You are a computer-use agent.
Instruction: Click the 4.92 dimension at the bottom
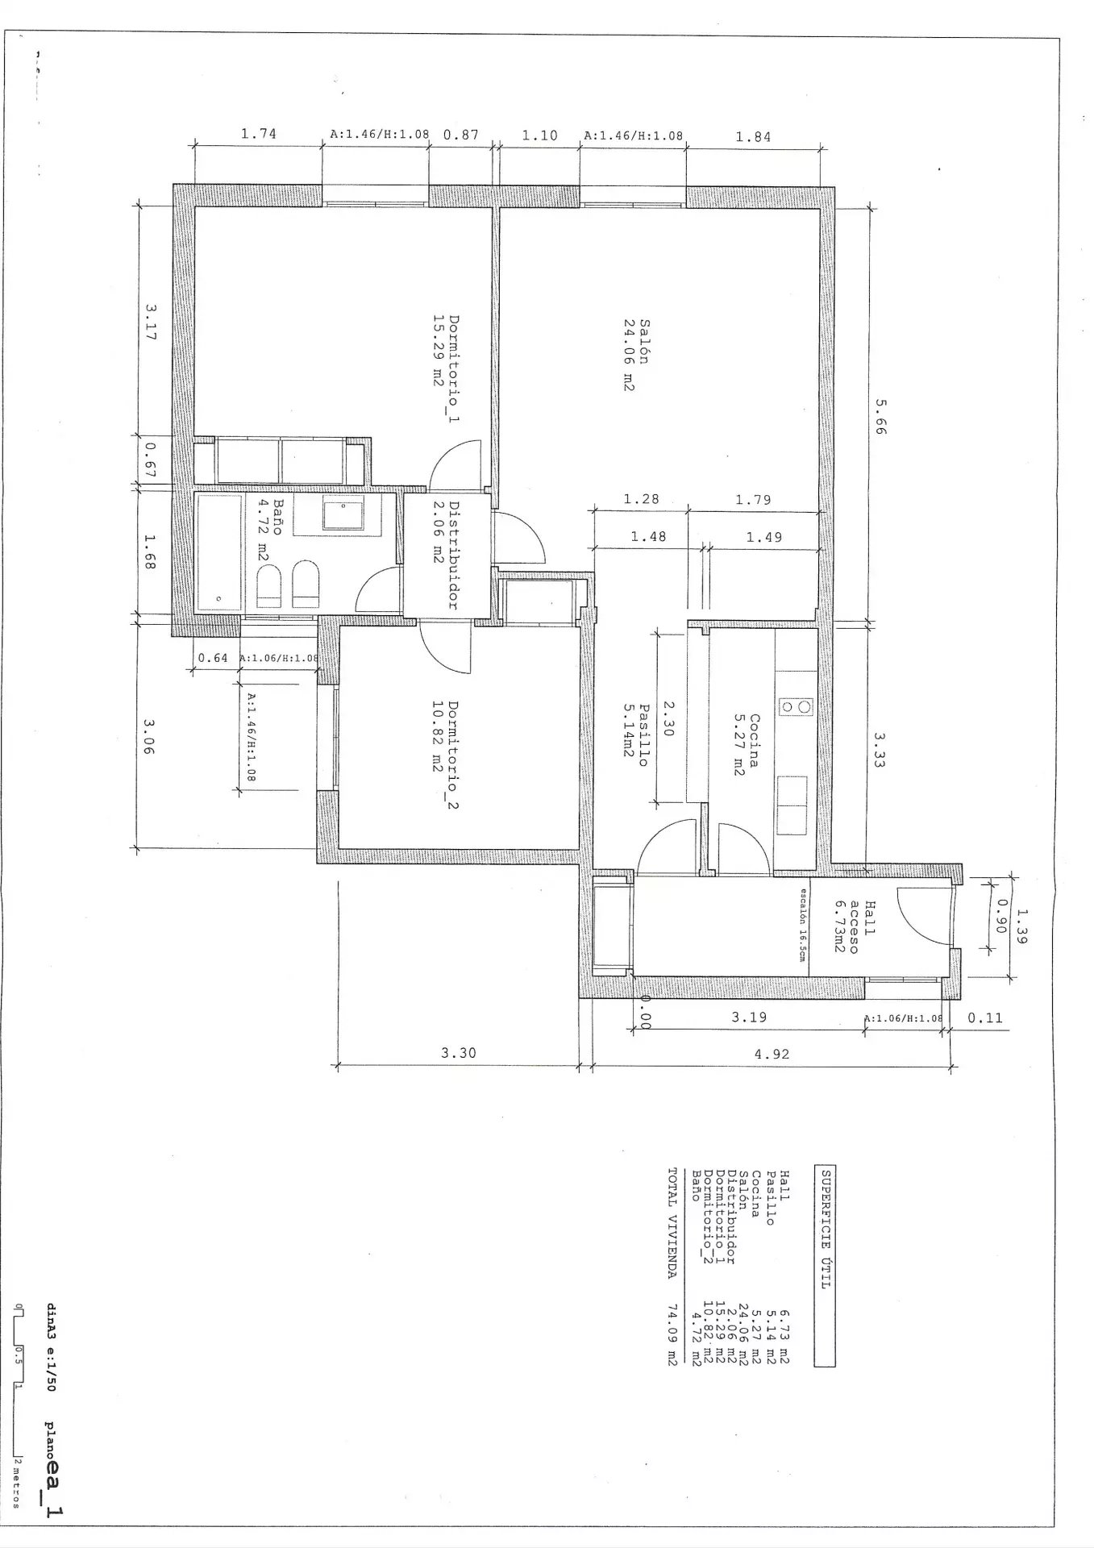[771, 1053]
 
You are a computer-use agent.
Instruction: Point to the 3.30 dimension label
[458, 1052]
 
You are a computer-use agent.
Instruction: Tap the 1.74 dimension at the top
[258, 135]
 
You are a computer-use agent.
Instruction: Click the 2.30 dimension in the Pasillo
[667, 717]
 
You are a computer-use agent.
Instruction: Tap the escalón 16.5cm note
[802, 924]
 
